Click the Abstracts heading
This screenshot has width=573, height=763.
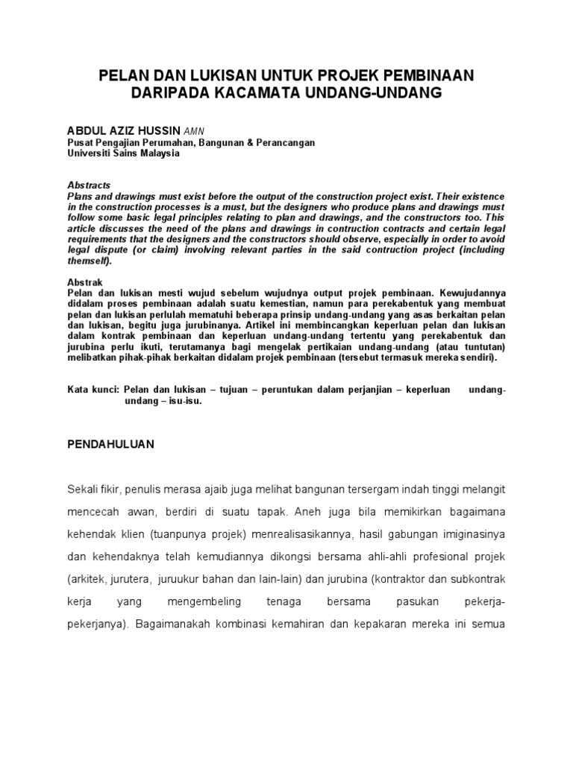coord(89,185)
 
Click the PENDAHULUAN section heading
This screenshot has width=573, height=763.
coord(110,443)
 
